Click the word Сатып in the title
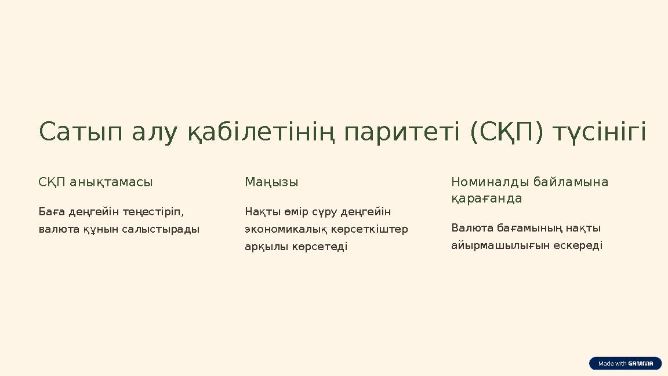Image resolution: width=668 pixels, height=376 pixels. [81, 132]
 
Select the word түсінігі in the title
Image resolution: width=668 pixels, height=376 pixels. [600, 132]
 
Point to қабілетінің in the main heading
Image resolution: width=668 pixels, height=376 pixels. [261, 132]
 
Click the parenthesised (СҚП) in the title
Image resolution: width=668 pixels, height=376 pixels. [507, 132]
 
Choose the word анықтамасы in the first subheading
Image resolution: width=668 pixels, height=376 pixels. [111, 182]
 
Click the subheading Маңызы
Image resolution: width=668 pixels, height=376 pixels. [271, 182]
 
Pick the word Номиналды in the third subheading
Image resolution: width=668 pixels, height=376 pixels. [490, 182]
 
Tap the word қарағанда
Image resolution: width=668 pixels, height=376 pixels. [487, 198]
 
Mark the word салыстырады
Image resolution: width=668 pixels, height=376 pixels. [161, 229]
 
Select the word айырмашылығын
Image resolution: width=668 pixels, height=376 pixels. [500, 245]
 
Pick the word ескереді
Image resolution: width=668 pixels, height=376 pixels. [578, 245]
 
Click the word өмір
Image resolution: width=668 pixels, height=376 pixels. [296, 212]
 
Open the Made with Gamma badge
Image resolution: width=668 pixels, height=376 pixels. [626, 363]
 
